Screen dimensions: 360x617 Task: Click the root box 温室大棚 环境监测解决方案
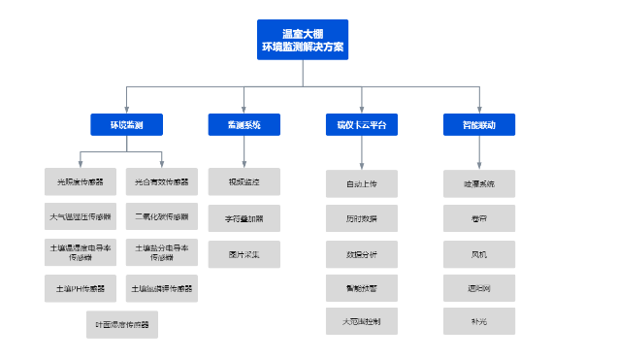304,40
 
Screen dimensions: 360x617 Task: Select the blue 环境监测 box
126,124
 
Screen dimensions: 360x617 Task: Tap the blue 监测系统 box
244,124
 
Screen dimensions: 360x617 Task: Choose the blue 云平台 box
362,124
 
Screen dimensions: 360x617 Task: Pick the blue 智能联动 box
478,124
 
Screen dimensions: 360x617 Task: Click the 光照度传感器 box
81,181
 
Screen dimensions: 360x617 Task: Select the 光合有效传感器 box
162,181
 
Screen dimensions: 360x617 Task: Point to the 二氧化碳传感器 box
162,216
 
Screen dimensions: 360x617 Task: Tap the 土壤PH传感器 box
81,288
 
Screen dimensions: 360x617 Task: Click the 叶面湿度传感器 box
122,324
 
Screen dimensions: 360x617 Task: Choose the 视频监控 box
244,181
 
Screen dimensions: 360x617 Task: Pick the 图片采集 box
244,255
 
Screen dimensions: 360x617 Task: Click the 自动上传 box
362,183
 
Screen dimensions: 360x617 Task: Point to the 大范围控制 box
362,321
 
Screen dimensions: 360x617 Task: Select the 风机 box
478,253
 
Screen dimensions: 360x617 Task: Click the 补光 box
478,321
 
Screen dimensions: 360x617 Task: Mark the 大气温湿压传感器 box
81,216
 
